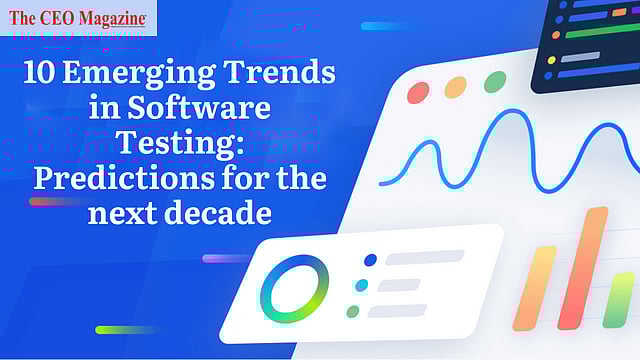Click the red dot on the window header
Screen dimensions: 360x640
pyautogui.click(x=418, y=91)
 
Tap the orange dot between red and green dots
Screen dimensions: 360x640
pyautogui.click(x=455, y=87)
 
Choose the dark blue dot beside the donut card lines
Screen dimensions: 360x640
pyautogui.click(x=370, y=260)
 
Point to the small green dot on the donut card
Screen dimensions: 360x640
pyautogui.click(x=352, y=312)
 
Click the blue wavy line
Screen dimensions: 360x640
pyautogui.click(x=500, y=150)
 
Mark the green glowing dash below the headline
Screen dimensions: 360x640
pyautogui.click(x=125, y=329)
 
